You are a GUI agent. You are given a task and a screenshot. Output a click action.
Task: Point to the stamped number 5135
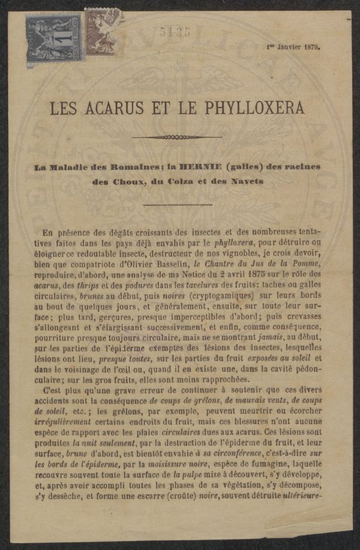tap(175, 32)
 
